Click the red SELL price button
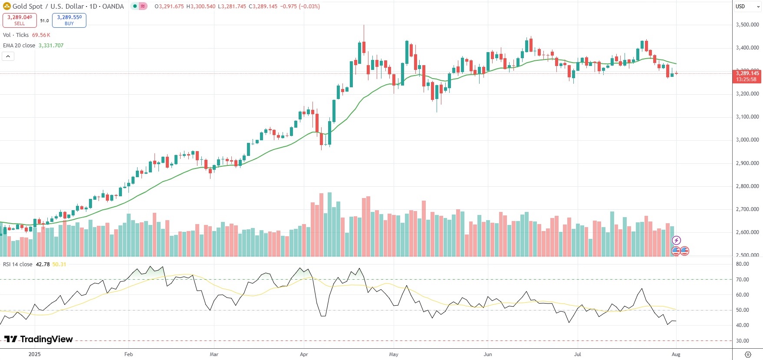(x=20, y=20)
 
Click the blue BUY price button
(x=69, y=20)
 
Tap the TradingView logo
(x=39, y=339)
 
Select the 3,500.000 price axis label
(x=747, y=25)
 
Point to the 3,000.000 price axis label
(x=747, y=140)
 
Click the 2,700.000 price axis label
(x=747, y=209)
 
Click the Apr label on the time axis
(x=304, y=354)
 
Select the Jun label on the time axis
(x=488, y=354)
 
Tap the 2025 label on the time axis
(x=35, y=354)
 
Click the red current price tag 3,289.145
(x=747, y=76)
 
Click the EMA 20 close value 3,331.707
(x=51, y=46)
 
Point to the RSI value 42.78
(x=43, y=264)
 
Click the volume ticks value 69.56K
(x=41, y=35)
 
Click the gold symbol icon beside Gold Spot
(x=7, y=6)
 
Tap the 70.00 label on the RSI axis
(x=743, y=280)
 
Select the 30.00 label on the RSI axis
(x=743, y=341)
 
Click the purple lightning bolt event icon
(x=676, y=241)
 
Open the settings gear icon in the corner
(x=748, y=354)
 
